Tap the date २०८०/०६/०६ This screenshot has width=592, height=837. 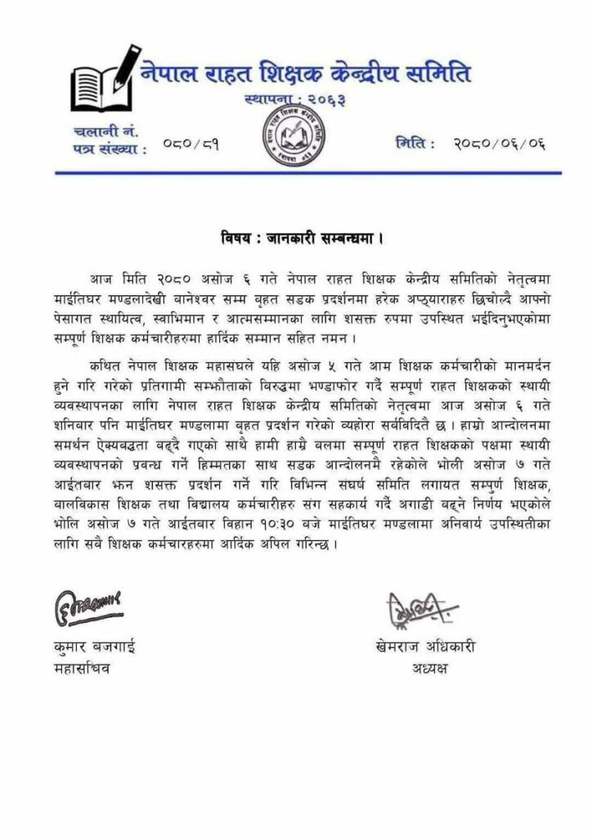(499, 145)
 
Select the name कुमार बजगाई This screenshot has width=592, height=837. (92, 648)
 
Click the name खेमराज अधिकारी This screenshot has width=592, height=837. (422, 648)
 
